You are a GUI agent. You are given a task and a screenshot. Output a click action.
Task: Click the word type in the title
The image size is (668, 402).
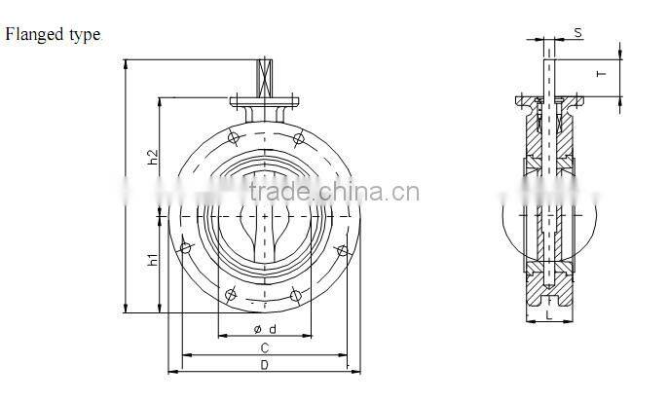[84, 36]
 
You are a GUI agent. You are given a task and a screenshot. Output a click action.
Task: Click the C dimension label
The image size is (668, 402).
[263, 347]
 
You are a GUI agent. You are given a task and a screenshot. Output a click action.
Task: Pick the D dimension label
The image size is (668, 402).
[263, 365]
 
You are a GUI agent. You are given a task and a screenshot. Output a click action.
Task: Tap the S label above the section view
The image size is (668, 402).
[577, 33]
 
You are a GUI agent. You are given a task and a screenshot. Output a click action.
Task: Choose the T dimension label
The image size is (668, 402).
[602, 73]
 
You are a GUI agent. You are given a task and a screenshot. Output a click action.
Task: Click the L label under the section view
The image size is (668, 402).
[549, 315]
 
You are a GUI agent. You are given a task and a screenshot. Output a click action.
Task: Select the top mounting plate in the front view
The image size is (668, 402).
[264, 101]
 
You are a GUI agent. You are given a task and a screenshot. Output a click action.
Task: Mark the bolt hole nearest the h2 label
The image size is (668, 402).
[231, 135]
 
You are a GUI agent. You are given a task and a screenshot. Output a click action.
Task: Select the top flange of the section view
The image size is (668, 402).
[550, 101]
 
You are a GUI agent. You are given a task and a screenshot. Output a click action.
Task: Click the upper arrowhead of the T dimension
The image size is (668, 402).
[619, 51]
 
